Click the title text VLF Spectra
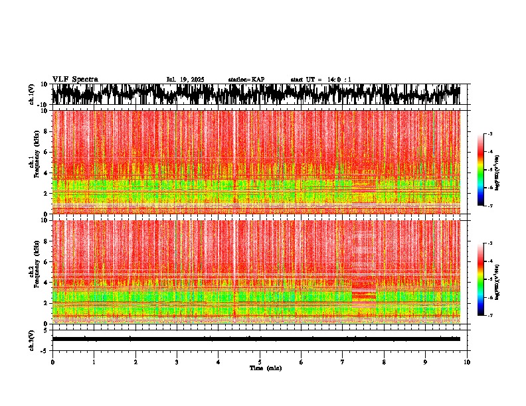(74, 79)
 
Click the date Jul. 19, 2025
(185, 80)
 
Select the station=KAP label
(246, 80)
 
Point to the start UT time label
(321, 80)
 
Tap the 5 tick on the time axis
(260, 362)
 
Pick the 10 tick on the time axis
(467, 362)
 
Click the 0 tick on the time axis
(52, 362)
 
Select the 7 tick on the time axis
(343, 362)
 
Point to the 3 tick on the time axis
(177, 362)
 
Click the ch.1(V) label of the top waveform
(32, 94)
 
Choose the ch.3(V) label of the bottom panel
(32, 339)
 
